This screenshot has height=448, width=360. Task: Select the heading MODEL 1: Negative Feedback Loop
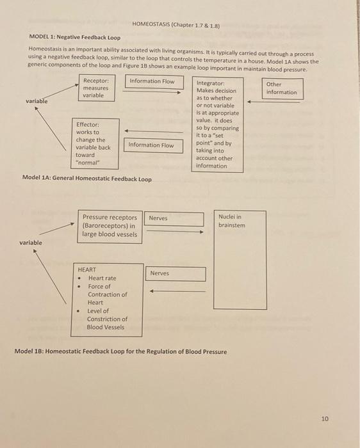76,38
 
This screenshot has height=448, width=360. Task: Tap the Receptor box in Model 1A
97,88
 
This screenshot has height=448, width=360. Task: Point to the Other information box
282,88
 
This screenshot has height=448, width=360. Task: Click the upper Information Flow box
151,81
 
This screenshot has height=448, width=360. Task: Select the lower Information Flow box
151,145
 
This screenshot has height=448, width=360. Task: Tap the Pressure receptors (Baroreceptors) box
110,226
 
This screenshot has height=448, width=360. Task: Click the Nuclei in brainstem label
232,221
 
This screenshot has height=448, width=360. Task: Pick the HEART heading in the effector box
87,270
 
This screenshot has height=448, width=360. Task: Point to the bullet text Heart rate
102,278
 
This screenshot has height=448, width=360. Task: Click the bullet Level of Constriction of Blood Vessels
107,319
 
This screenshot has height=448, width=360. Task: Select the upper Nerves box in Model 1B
158,218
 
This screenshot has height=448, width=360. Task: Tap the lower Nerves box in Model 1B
160,273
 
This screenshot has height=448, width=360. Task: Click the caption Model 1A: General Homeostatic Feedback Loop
87,179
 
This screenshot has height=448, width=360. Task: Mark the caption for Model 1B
120,351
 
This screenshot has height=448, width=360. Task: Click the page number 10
325,419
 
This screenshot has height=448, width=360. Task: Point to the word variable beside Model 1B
31,243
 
